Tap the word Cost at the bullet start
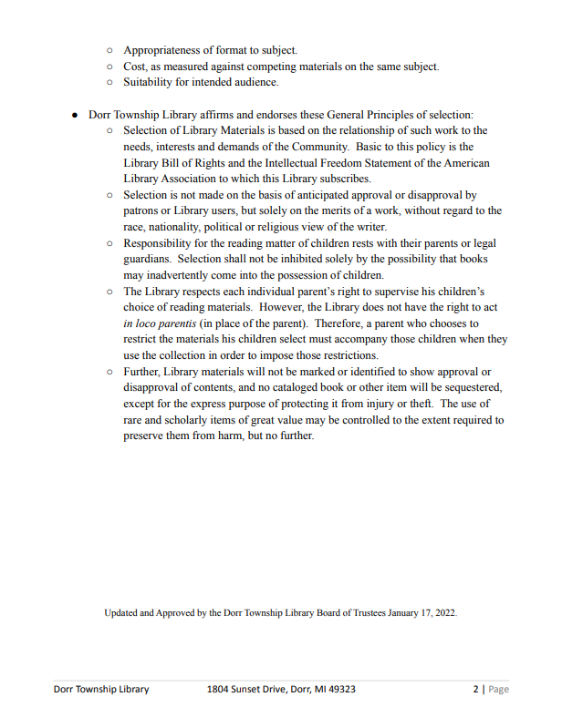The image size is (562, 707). pos(136,67)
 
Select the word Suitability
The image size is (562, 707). pos(152,82)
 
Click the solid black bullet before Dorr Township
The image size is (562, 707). pos(75,115)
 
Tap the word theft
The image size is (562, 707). pos(420,404)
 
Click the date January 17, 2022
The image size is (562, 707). pos(422,613)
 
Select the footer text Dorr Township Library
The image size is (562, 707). pos(101,689)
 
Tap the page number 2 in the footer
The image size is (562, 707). pos(474,689)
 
